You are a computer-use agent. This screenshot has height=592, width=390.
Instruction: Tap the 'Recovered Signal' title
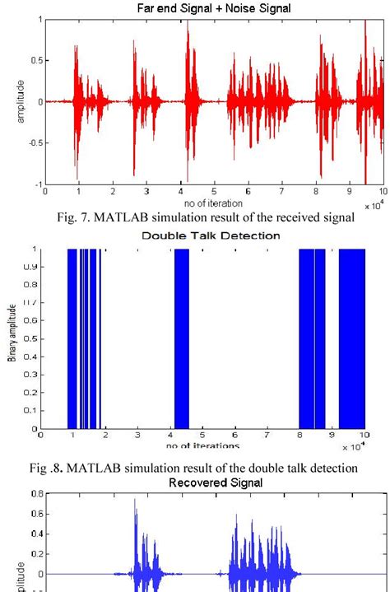[213, 482]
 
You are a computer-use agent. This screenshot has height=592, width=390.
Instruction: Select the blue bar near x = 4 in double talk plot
[181, 338]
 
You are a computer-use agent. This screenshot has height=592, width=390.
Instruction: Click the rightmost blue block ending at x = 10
[351, 338]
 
